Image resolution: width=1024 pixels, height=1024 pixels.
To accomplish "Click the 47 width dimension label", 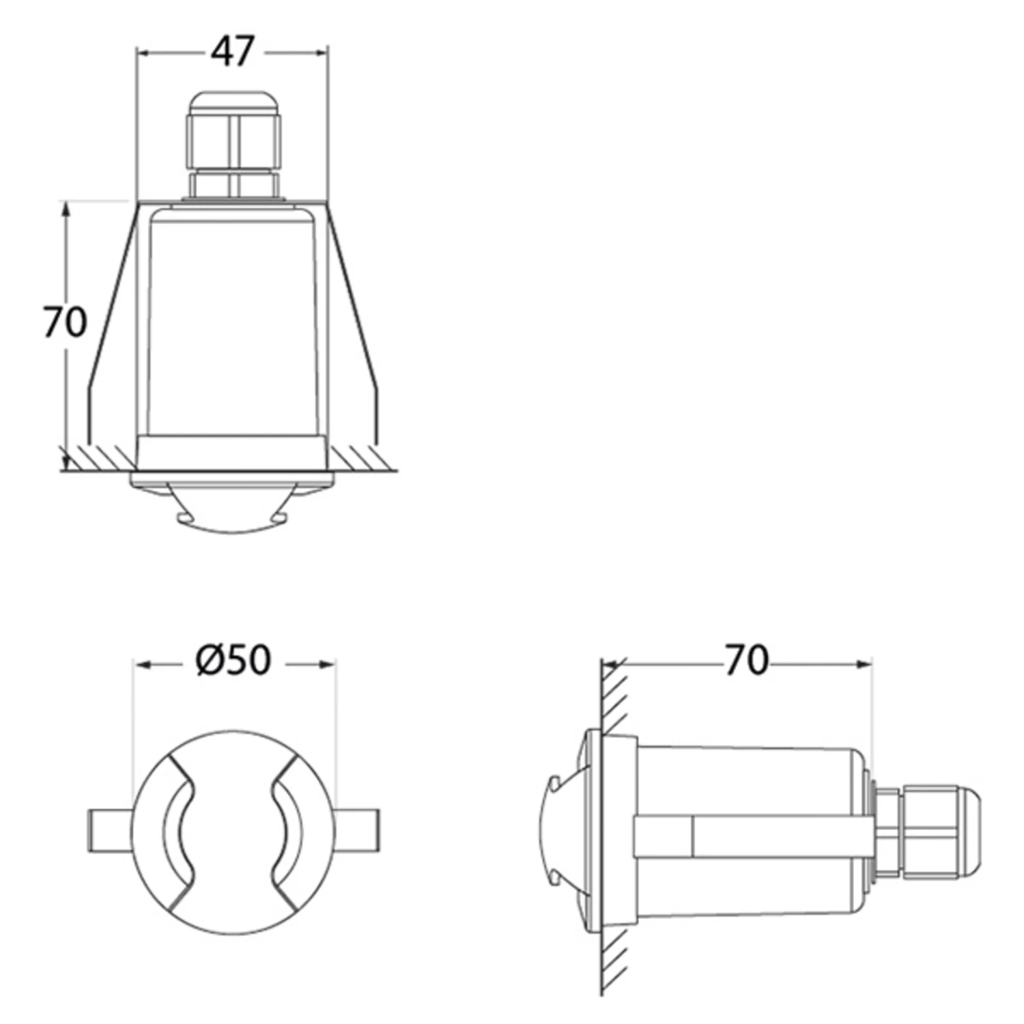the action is [232, 52].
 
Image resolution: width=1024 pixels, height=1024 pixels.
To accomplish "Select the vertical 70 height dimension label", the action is [65, 322].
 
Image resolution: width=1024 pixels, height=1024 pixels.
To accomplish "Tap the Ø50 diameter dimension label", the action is [233, 660].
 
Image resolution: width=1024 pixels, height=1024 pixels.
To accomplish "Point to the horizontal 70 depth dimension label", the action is [746, 660].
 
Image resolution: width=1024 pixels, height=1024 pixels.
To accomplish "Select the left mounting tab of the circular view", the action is [110, 829].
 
